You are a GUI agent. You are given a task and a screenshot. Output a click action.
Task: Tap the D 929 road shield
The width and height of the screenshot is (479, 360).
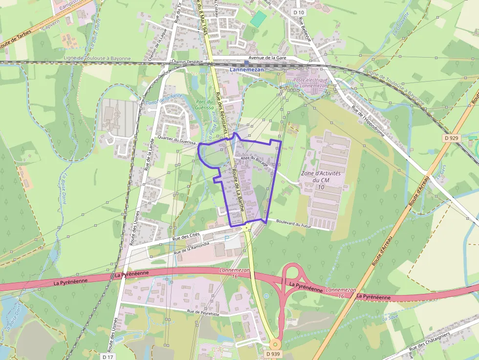pyautogui.click(x=452, y=138)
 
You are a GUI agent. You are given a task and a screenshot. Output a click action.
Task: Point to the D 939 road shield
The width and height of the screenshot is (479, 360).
pyautogui.click(x=275, y=353)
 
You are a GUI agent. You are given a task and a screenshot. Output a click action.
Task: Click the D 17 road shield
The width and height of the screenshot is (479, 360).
pyautogui.click(x=109, y=357)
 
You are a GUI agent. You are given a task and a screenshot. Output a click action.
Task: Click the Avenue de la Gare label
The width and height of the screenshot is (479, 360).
pyautogui.click(x=267, y=58)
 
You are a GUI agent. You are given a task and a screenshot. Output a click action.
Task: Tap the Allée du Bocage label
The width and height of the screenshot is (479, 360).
pyautogui.click(x=254, y=161)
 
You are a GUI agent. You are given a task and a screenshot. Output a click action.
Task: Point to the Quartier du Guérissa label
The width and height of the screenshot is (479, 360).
pyautogui.click(x=177, y=141)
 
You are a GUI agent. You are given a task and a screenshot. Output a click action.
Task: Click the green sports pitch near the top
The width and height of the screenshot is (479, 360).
pyautogui.click(x=258, y=19)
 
